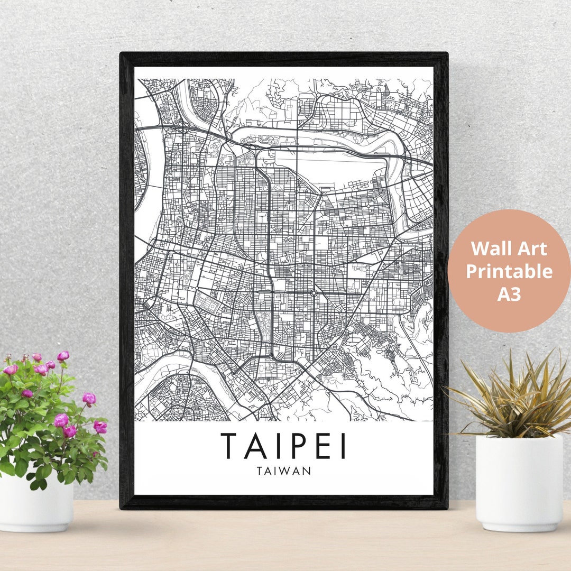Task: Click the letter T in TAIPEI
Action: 229,446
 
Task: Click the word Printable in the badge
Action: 509,271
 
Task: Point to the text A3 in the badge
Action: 509,294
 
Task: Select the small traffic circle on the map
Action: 314,292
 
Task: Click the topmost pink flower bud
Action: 63,356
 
